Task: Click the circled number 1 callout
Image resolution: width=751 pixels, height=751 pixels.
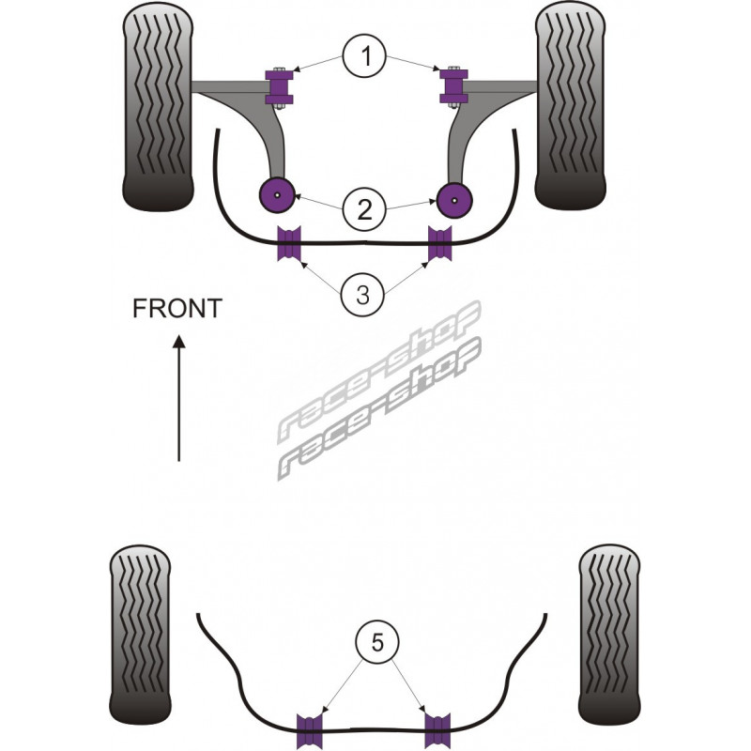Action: (x=364, y=59)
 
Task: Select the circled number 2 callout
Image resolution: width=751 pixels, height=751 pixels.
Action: (x=364, y=207)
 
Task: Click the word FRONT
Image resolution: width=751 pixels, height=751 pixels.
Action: (x=176, y=308)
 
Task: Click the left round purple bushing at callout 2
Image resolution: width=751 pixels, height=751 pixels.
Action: (x=277, y=194)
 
